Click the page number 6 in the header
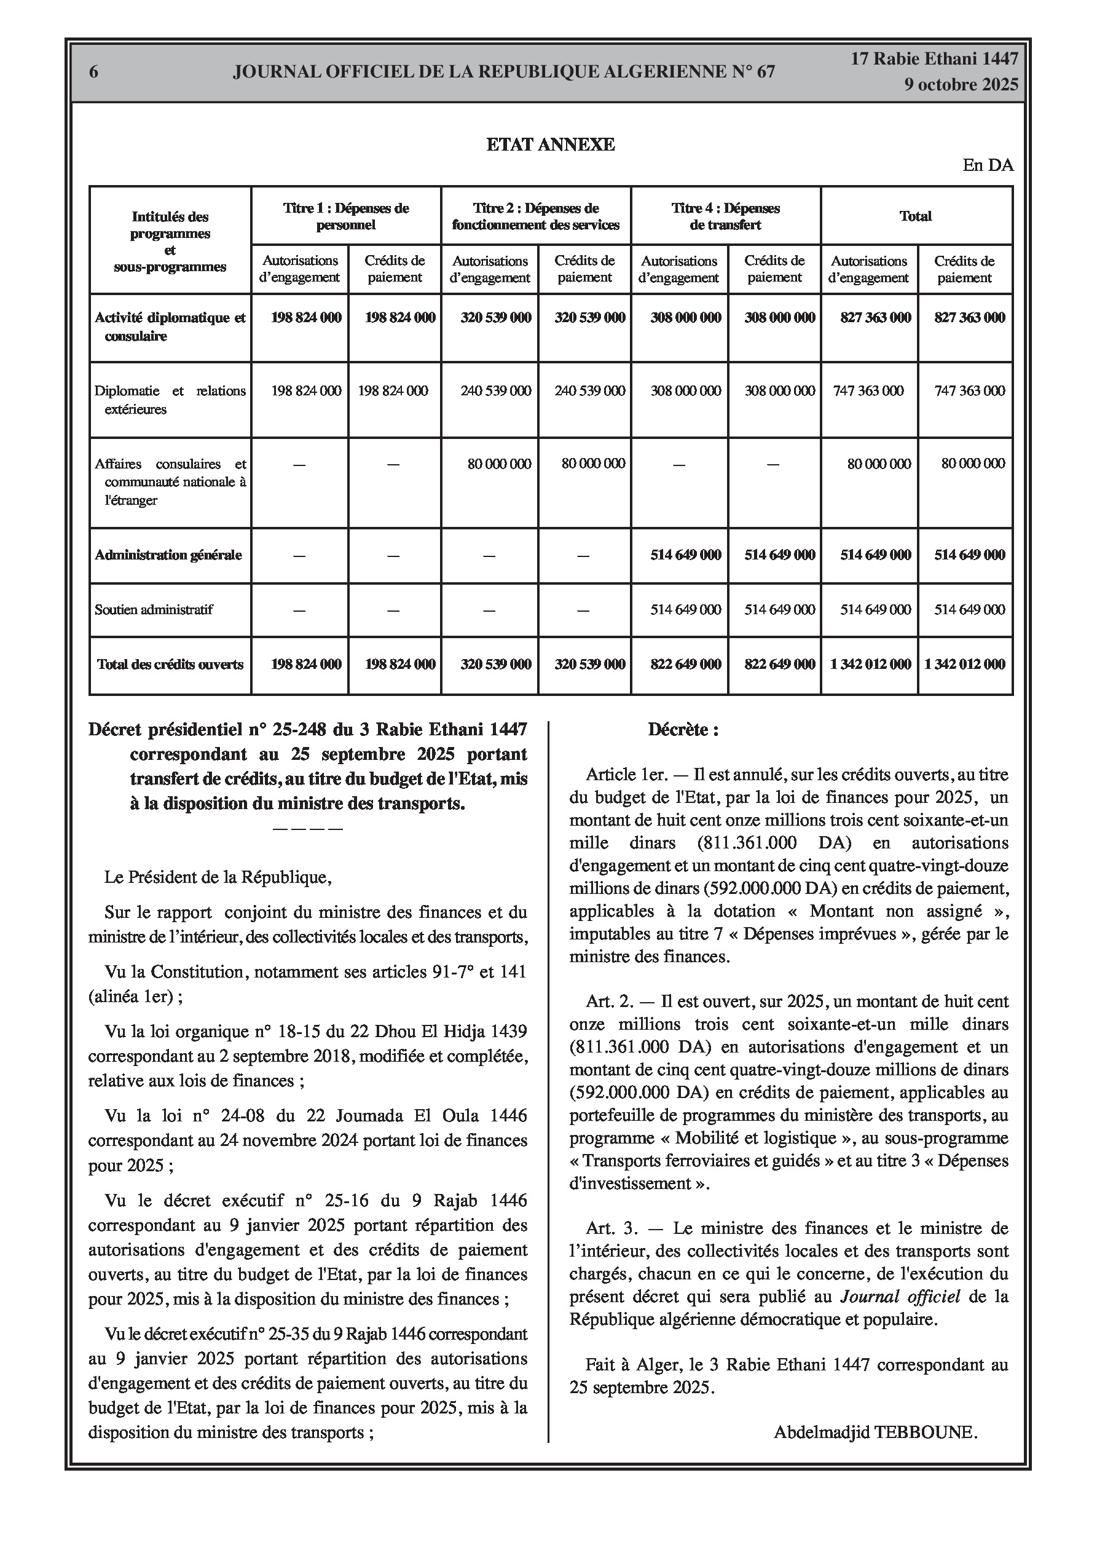point(94,72)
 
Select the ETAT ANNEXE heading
point(551,144)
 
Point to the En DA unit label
point(988,166)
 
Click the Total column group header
point(916,216)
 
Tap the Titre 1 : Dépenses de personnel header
point(345,216)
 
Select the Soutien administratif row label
point(154,609)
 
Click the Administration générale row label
point(168,555)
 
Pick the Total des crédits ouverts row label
point(170,664)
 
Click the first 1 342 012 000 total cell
point(870,664)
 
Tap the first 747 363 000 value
point(868,391)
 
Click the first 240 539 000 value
point(496,391)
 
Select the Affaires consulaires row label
point(170,482)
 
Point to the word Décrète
point(683,730)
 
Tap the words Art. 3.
point(610,1228)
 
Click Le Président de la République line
point(218,877)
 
